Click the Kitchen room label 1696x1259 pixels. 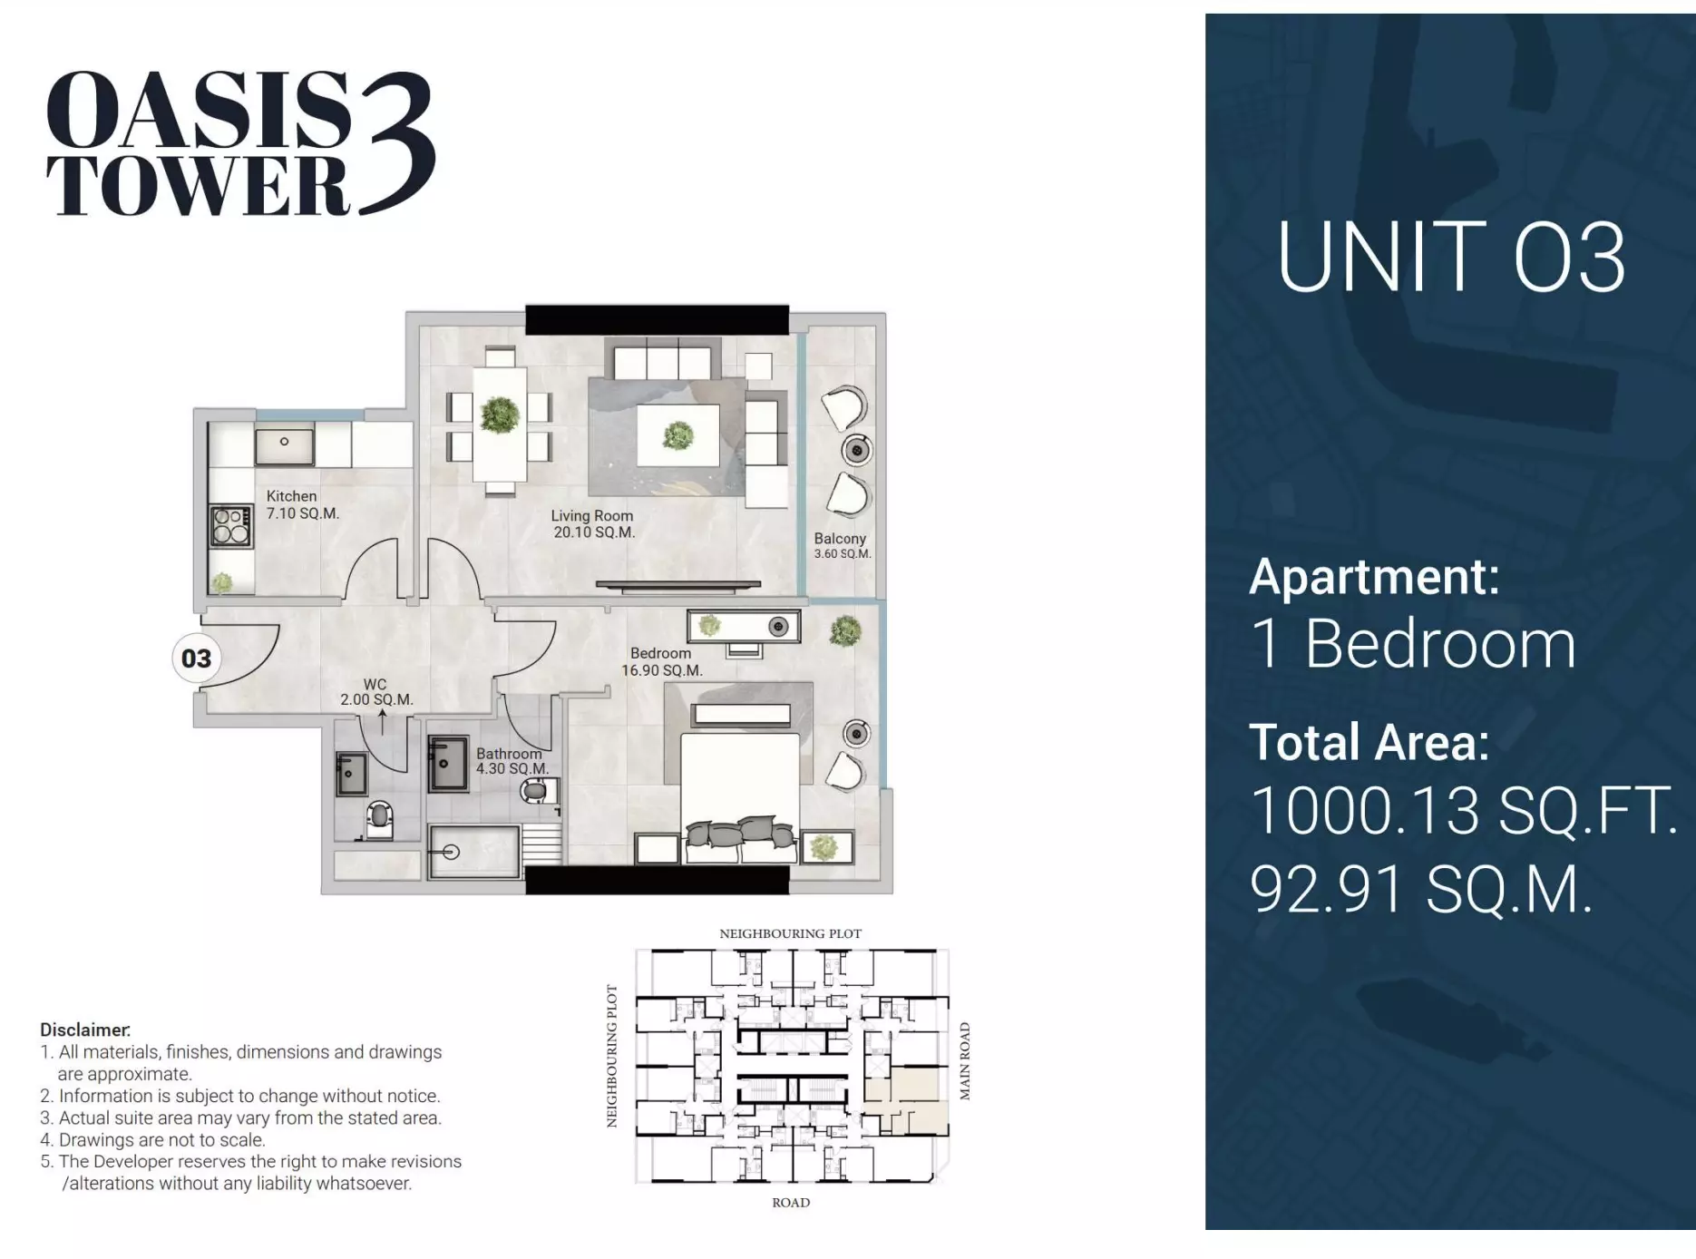pos(303,504)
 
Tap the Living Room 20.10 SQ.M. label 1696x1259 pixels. pos(593,523)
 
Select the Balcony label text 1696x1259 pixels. pos(841,538)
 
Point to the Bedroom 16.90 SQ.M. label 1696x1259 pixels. pos(661,661)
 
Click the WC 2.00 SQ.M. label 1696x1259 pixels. pos(376,691)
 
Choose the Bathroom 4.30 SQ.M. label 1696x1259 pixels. pos(512,760)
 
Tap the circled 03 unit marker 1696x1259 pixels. pos(196,658)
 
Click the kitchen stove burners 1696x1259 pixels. pos(231,526)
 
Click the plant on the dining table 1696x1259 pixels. pos(500,415)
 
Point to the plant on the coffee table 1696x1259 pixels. pos(678,435)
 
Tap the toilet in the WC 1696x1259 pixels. pos(379,820)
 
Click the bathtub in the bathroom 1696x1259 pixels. pos(473,851)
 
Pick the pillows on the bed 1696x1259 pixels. pos(740,832)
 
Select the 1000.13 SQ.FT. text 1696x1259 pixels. pos(1464,810)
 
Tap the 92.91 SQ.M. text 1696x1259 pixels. pos(1421,889)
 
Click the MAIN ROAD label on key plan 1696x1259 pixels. pos(965,1061)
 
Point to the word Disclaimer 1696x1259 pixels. pos(85,1030)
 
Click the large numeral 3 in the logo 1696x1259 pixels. pos(397,143)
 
